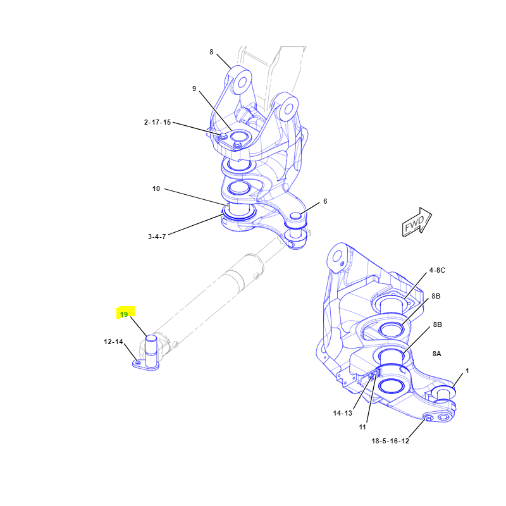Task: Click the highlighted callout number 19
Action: (x=124, y=314)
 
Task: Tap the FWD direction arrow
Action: (x=416, y=222)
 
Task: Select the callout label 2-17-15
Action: (x=157, y=122)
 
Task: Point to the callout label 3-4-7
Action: (x=157, y=237)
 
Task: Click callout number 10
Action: (x=156, y=188)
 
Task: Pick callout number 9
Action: (x=194, y=89)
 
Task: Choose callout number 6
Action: (x=325, y=201)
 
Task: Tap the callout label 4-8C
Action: (x=437, y=270)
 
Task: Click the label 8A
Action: (x=436, y=354)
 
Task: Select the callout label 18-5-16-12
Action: (x=390, y=441)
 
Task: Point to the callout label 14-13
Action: (x=342, y=413)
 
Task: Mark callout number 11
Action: (x=362, y=427)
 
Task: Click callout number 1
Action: (x=467, y=371)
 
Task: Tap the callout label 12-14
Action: (x=113, y=342)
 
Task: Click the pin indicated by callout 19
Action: (x=151, y=351)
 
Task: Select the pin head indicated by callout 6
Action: (x=295, y=216)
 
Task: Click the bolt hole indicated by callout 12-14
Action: (x=138, y=363)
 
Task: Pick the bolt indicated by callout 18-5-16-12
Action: (x=429, y=419)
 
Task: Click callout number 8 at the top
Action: (x=211, y=52)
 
